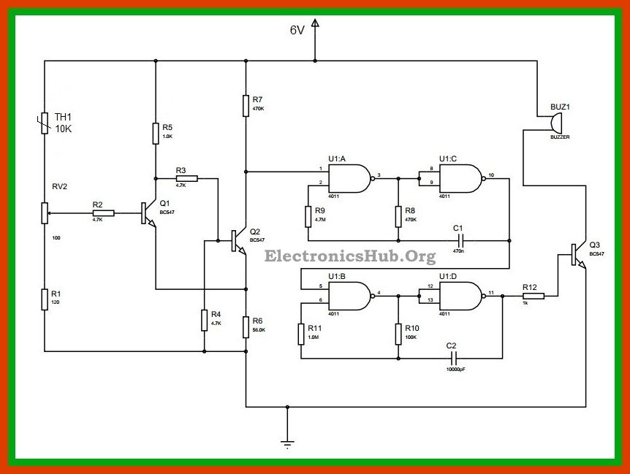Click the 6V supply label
coord(296,30)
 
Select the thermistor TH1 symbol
coord(45,123)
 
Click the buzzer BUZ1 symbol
coord(557,121)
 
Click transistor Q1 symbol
coord(148,213)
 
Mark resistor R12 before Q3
coord(533,296)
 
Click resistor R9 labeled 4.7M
coord(308,216)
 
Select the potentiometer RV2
coord(45,213)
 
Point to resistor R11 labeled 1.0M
coord(301,334)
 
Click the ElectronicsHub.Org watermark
coord(349,256)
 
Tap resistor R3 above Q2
coord(186,177)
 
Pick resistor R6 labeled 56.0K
coord(246,328)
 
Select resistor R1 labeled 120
coord(45,299)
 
